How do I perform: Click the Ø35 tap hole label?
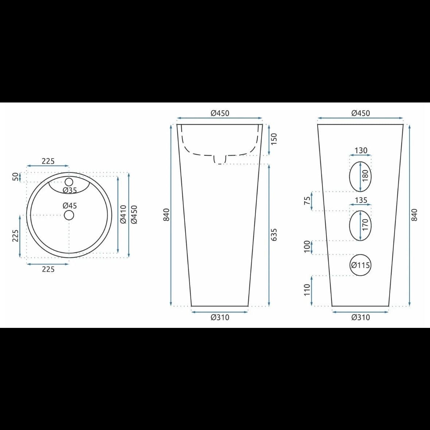[70, 190]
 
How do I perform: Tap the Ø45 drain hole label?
[70, 206]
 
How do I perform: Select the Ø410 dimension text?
[123, 214]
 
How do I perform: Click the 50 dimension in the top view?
[16, 177]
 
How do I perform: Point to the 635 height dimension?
[274, 235]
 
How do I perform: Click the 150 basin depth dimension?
[274, 139]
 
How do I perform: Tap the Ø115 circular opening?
[360, 265]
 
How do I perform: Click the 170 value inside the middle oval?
[365, 225]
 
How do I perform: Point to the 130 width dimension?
[361, 151]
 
